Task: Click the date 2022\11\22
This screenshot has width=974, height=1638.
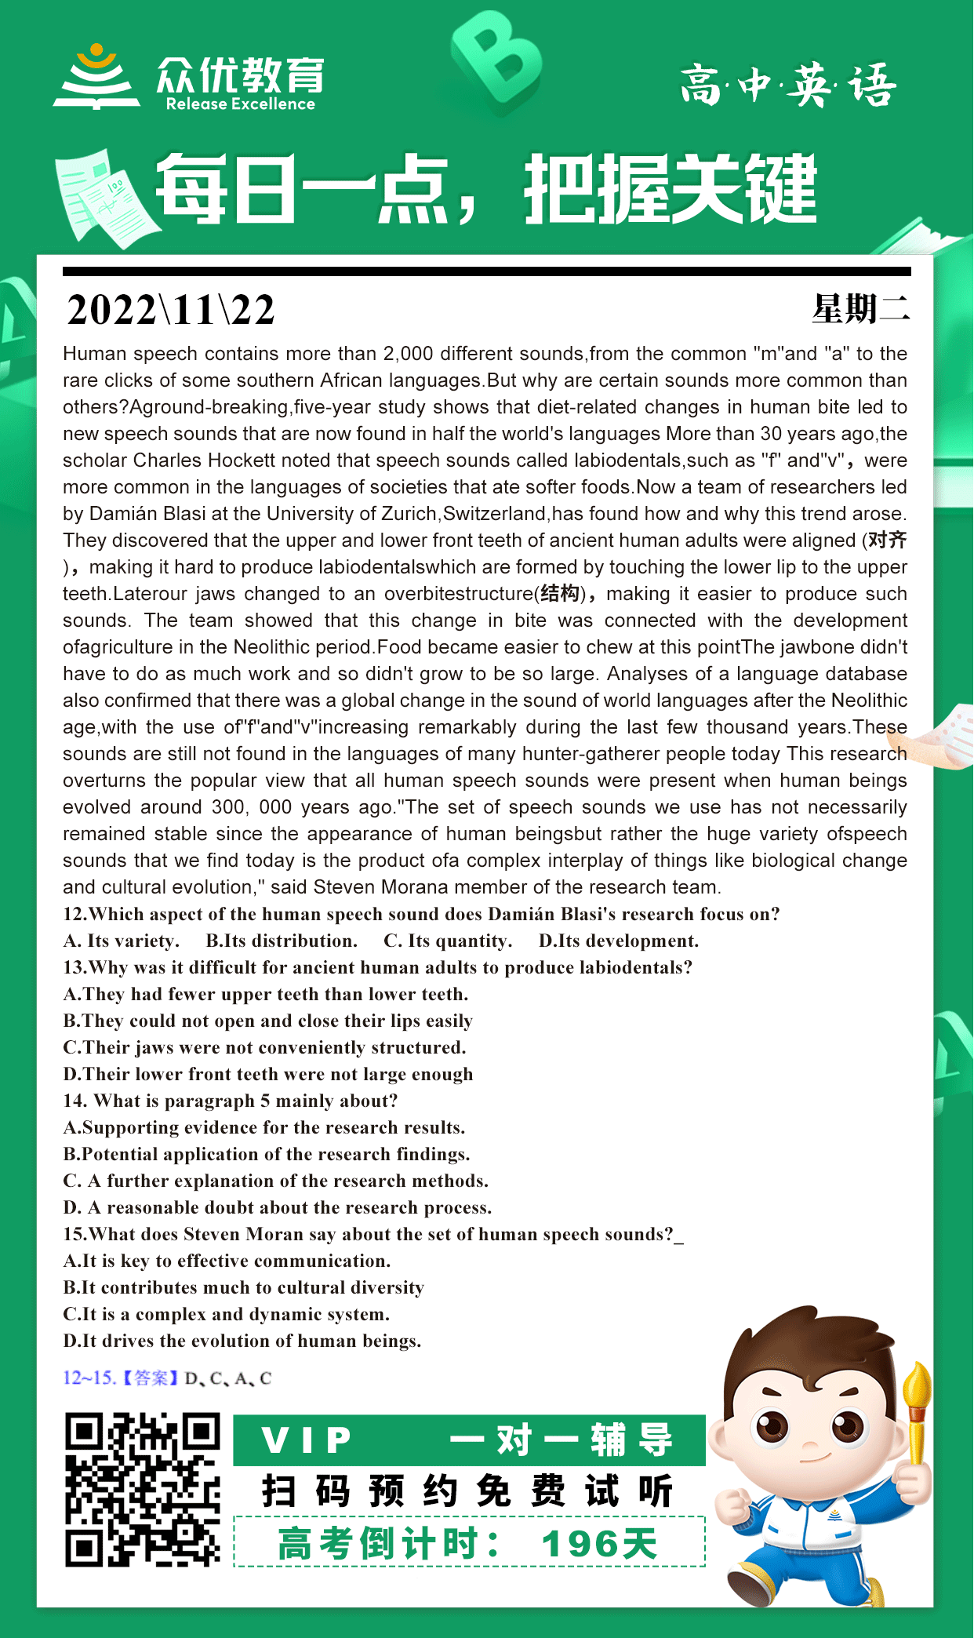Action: (x=171, y=310)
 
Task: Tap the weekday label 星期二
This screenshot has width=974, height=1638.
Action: (x=860, y=308)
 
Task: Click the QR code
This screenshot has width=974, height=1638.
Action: (x=142, y=1490)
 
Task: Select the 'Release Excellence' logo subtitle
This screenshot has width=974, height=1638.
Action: (x=240, y=104)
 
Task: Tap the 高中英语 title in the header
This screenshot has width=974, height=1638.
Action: (x=787, y=85)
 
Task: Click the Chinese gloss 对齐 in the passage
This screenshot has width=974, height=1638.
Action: (x=887, y=540)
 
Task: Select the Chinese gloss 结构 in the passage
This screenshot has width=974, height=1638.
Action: (x=560, y=593)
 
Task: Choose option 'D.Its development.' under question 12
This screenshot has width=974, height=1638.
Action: (x=618, y=941)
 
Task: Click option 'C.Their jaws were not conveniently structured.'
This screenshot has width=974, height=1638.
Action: (x=264, y=1047)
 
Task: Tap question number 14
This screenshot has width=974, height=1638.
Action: (x=75, y=1101)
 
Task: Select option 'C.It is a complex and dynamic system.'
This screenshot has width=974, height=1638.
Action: (x=226, y=1314)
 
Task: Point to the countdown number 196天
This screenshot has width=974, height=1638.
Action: (x=599, y=1544)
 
